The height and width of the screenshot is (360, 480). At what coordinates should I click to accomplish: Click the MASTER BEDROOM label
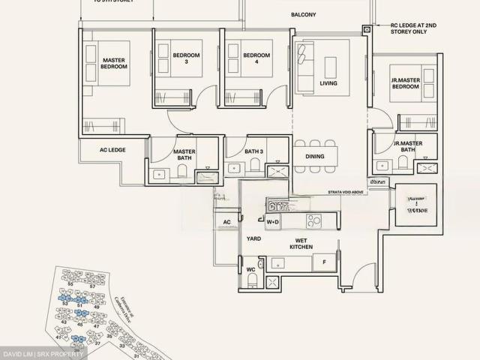click(x=114, y=64)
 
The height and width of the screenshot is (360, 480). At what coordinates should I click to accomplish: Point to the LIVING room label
click(x=328, y=83)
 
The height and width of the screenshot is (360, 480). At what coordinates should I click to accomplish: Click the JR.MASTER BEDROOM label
click(x=404, y=82)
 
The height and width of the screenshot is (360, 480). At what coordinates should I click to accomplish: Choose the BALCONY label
click(x=304, y=15)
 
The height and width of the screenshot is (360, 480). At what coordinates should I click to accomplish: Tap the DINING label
click(x=315, y=157)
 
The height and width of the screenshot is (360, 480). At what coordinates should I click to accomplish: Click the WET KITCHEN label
click(x=301, y=243)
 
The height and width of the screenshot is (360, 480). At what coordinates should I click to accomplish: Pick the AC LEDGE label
click(x=112, y=150)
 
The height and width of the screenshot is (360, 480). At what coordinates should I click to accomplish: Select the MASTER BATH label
click(x=184, y=154)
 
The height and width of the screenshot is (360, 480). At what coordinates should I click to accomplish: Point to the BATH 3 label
click(x=253, y=152)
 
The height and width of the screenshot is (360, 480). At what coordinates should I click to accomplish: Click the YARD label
click(x=253, y=238)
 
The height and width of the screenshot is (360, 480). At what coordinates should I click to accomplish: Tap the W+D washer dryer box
click(x=272, y=222)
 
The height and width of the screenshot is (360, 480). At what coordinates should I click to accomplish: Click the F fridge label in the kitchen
click(x=323, y=262)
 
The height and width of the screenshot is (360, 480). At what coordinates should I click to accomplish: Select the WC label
click(x=250, y=268)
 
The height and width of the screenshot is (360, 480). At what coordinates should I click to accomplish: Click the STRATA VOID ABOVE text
click(x=346, y=193)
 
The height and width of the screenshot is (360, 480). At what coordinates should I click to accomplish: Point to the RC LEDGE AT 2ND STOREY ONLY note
click(x=414, y=28)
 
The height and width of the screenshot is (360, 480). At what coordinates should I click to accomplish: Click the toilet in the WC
click(x=252, y=281)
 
